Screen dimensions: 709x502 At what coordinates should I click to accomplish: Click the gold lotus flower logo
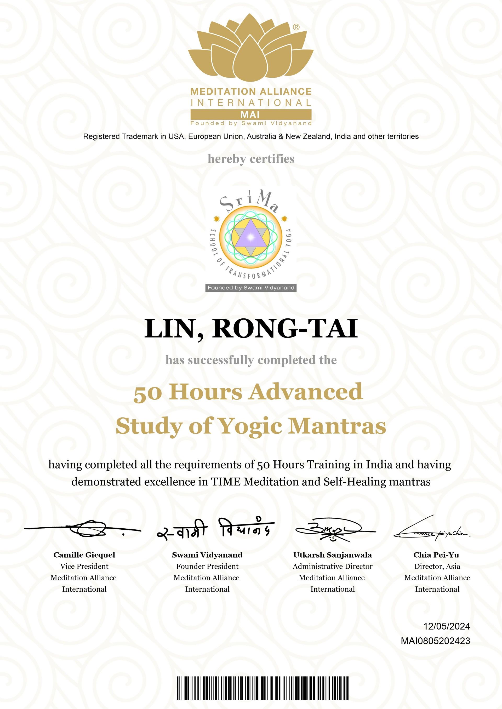[x=251, y=49]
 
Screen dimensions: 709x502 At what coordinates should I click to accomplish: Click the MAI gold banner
[x=251, y=115]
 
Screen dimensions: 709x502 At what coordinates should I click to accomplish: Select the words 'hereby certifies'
[x=251, y=159]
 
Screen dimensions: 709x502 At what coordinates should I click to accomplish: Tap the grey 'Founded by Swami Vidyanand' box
[x=251, y=288]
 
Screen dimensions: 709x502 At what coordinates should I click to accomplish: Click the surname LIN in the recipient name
[x=168, y=328]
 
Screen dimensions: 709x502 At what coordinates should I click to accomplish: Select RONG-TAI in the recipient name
[x=284, y=328]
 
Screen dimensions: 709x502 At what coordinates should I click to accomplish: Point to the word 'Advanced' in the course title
[x=306, y=392]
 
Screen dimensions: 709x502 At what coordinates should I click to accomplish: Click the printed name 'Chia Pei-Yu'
[x=436, y=555]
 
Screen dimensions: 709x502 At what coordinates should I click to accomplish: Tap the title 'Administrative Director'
[x=333, y=566]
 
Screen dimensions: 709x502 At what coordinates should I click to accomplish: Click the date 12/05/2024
[x=446, y=626]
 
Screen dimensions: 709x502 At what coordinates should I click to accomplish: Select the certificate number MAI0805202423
[x=435, y=641]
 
